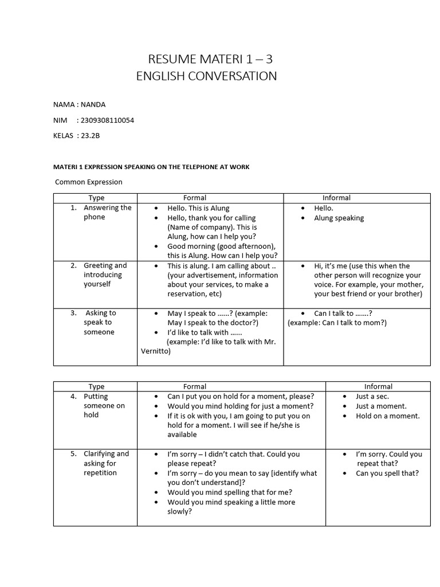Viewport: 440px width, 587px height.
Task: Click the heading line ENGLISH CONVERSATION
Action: point(206,76)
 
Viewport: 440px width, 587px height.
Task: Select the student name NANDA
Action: point(93,104)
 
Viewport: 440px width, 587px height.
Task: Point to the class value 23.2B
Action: point(94,135)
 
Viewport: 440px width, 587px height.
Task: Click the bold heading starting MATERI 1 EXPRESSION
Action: point(151,167)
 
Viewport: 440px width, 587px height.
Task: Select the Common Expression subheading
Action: point(89,182)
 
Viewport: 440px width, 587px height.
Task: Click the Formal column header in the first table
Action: point(195,198)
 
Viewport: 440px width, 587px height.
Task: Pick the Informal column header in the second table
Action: point(378,386)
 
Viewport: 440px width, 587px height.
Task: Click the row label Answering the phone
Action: point(107,212)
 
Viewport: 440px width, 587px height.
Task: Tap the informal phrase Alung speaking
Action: point(339,218)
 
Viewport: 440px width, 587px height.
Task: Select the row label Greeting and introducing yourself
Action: point(105,275)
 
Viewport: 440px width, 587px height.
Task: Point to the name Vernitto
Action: point(155,351)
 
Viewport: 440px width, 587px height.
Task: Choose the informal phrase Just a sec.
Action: point(372,396)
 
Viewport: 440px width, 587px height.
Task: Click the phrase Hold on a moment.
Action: point(387,416)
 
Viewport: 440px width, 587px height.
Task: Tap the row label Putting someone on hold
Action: point(104,405)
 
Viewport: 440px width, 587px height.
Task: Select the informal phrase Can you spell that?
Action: point(387,473)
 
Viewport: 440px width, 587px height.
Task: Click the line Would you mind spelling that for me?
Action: point(230,492)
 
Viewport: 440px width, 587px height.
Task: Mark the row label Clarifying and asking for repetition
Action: point(106,463)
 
